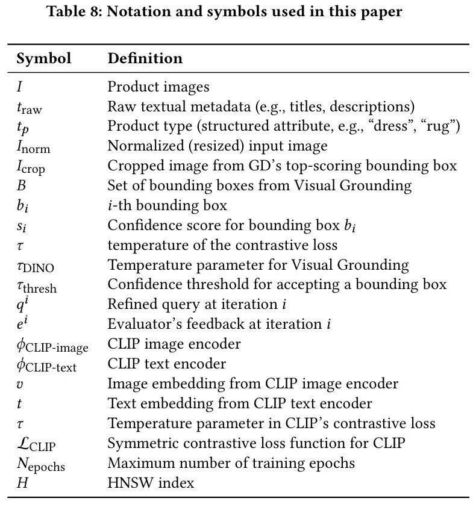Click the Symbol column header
tap(43, 58)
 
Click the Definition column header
tap(145, 58)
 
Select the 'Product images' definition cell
tap(158, 87)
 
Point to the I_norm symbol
tap(33, 146)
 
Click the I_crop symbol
tap(31, 167)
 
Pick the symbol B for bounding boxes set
tap(21, 185)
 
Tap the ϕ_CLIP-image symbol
tap(52, 345)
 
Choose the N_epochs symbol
tap(40, 464)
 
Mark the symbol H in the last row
tap(21, 483)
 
